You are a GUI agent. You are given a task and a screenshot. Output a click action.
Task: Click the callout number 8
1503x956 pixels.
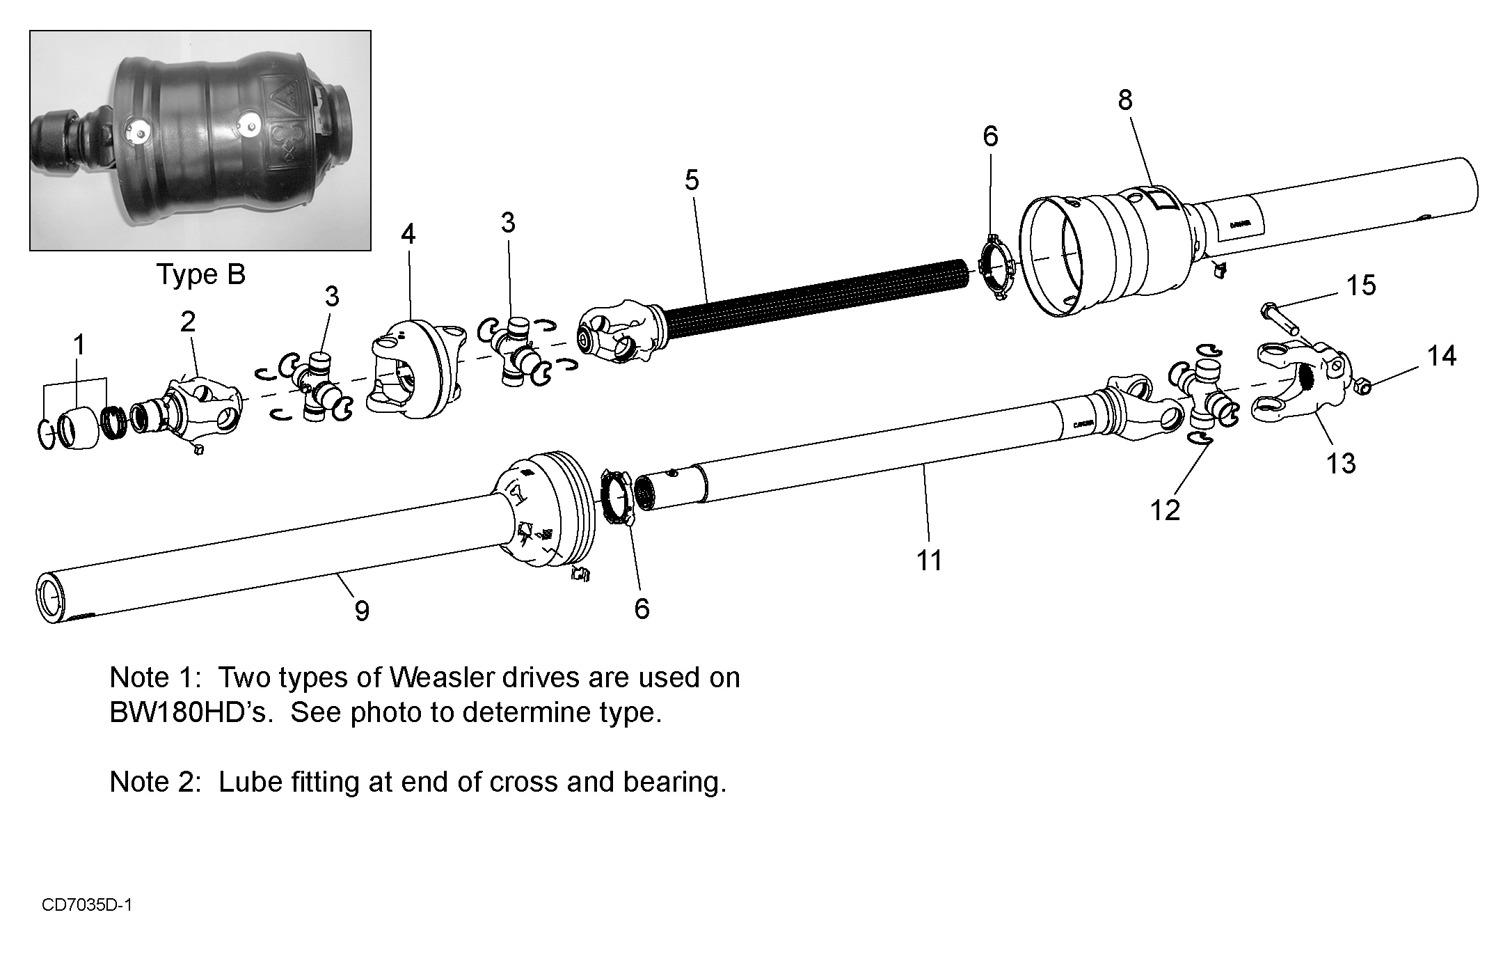(1125, 101)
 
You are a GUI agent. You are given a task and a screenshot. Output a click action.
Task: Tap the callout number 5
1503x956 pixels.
(691, 180)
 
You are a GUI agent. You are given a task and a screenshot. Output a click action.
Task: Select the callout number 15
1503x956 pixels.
(1361, 285)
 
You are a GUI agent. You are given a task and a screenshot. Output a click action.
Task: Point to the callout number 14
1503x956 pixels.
(1442, 356)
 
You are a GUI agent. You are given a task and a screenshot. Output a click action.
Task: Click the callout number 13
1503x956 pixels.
(1341, 463)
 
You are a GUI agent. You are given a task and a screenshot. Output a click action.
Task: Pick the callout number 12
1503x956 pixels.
(1166, 510)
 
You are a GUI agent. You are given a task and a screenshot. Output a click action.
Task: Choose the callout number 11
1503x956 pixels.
(929, 560)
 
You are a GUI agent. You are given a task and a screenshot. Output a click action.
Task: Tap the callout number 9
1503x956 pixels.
(361, 611)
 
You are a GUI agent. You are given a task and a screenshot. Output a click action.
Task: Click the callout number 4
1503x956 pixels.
(408, 235)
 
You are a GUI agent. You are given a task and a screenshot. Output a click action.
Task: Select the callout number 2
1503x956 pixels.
(188, 322)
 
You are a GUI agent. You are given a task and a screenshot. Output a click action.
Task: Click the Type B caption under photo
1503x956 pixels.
(200, 274)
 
